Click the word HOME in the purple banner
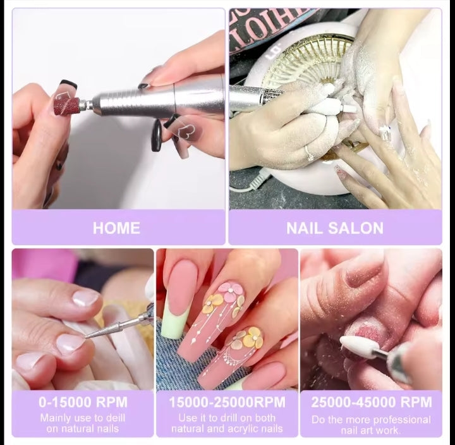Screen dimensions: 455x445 click(x=116, y=228)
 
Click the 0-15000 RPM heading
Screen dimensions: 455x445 click(x=83, y=402)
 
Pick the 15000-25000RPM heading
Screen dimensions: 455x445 click(x=227, y=402)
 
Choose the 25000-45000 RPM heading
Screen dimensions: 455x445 click(x=372, y=402)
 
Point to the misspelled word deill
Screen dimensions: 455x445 click(x=115, y=418)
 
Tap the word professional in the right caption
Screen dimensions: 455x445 click(x=401, y=420)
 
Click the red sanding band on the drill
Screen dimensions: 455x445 click(x=67, y=106)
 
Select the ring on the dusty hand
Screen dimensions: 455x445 click(x=309, y=152)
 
